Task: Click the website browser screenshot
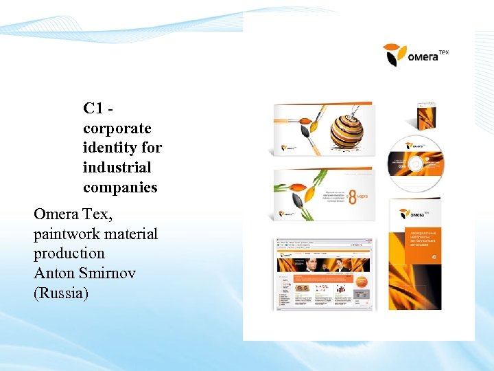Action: pos(324,274)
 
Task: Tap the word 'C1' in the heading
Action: pos(93,109)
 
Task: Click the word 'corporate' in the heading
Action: pos(117,128)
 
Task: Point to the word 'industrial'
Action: pos(117,168)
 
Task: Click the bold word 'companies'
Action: pos(120,187)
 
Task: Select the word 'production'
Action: pos(69,254)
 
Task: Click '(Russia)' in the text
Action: pos(61,293)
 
